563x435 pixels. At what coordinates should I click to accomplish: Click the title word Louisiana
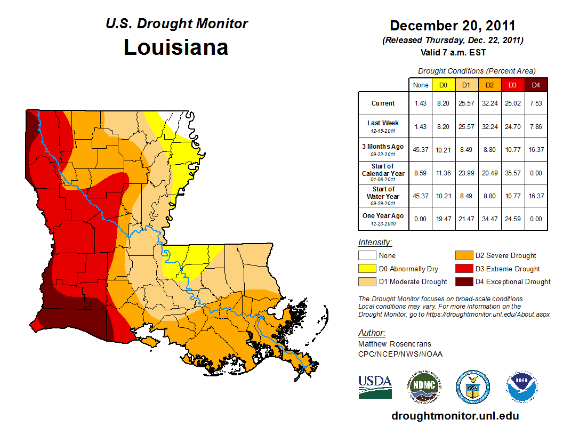(x=176, y=47)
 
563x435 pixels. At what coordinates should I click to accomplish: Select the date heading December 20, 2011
(x=453, y=26)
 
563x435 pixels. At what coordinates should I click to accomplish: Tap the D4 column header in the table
(x=536, y=85)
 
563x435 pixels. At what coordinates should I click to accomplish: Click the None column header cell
(x=420, y=85)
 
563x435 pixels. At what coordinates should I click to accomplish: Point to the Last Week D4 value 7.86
(x=536, y=127)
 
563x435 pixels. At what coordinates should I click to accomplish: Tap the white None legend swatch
(x=366, y=256)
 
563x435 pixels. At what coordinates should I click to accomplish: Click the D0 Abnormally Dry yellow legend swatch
(x=366, y=269)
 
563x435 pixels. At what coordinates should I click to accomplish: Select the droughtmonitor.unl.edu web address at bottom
(x=455, y=416)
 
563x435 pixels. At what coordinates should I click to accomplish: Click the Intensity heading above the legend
(x=375, y=243)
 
